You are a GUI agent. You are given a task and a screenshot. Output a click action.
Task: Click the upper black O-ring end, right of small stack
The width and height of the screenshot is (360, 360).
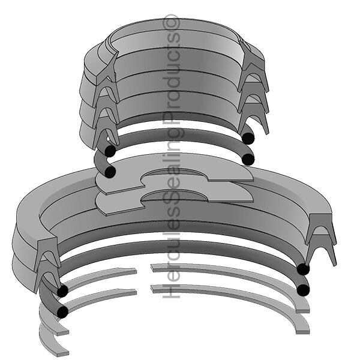248,138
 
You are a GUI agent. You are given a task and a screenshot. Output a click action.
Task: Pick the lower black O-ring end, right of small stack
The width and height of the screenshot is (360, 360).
248,159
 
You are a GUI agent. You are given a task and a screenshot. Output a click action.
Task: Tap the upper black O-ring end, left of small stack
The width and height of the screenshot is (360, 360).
110,151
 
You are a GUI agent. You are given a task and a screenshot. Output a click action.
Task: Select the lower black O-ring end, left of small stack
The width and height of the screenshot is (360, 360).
110,172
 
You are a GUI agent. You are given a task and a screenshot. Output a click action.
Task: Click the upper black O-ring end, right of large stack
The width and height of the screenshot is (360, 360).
303,269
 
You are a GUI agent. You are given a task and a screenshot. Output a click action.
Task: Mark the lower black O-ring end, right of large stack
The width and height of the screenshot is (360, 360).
303,290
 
